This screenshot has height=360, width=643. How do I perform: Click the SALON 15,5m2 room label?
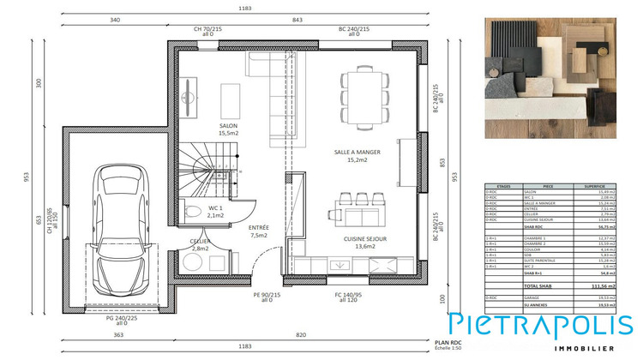point(227,129)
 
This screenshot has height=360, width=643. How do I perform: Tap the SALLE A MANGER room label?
point(358,155)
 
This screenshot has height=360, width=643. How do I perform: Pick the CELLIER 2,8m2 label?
point(202,244)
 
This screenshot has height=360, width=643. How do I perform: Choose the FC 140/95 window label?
point(349,297)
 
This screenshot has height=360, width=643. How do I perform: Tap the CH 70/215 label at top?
point(207,31)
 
